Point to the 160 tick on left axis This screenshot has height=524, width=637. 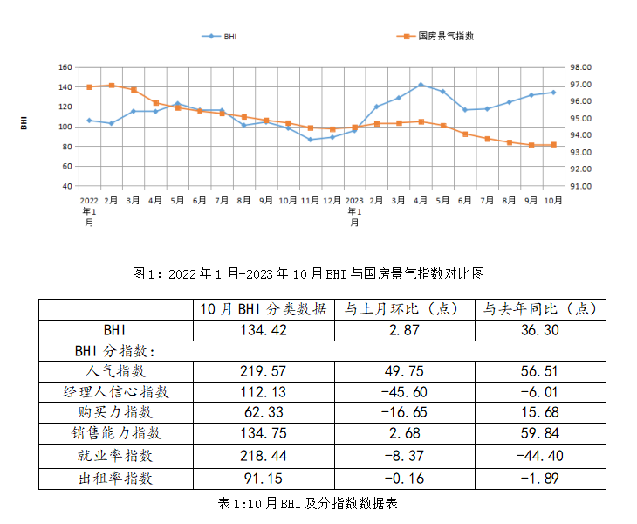[65, 67]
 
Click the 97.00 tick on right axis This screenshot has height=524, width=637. [580, 85]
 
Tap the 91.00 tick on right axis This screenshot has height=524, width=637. [580, 186]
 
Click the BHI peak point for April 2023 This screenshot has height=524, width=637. [421, 85]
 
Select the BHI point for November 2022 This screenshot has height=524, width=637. [310, 140]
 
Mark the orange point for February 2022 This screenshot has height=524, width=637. [111, 86]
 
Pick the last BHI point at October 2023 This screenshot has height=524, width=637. [553, 93]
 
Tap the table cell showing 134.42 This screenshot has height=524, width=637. [264, 329]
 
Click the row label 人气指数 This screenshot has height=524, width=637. [113, 371]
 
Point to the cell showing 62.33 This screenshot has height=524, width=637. [264, 412]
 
